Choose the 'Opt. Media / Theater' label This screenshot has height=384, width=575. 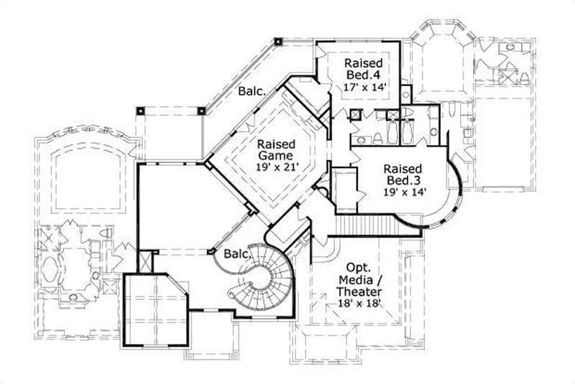pyautogui.click(x=358, y=278)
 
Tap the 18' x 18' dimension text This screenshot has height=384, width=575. pyautogui.click(x=358, y=304)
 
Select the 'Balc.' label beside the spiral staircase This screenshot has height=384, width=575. pyautogui.click(x=236, y=254)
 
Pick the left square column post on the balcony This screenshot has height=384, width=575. pyautogui.click(x=141, y=111)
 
